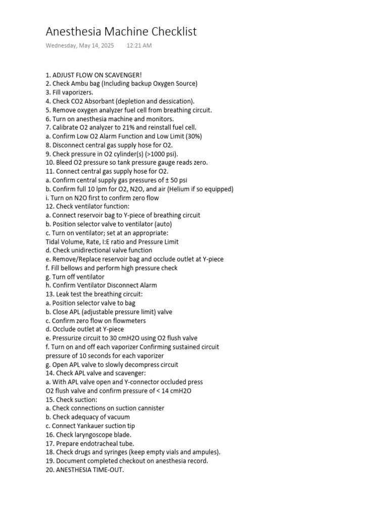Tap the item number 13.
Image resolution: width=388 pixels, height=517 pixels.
point(50,294)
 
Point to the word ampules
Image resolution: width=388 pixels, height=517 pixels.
point(205,452)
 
